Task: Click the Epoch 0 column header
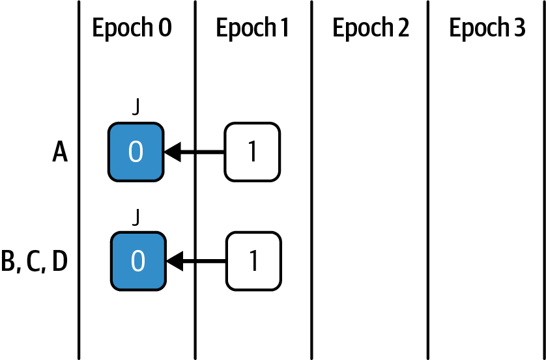point(132,29)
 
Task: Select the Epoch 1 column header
point(252,29)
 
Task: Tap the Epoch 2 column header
point(371,29)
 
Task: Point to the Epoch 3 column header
point(487,29)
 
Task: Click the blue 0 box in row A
point(136,152)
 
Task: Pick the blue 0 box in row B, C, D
point(137,261)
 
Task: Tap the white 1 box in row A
point(252,152)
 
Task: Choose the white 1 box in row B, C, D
point(253,261)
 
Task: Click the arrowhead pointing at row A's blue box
point(171,152)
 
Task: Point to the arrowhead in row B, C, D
point(174,262)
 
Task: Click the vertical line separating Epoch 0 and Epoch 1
point(195,195)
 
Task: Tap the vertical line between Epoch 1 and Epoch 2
point(311,195)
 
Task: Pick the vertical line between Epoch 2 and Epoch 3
point(428,195)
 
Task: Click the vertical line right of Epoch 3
point(543,195)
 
